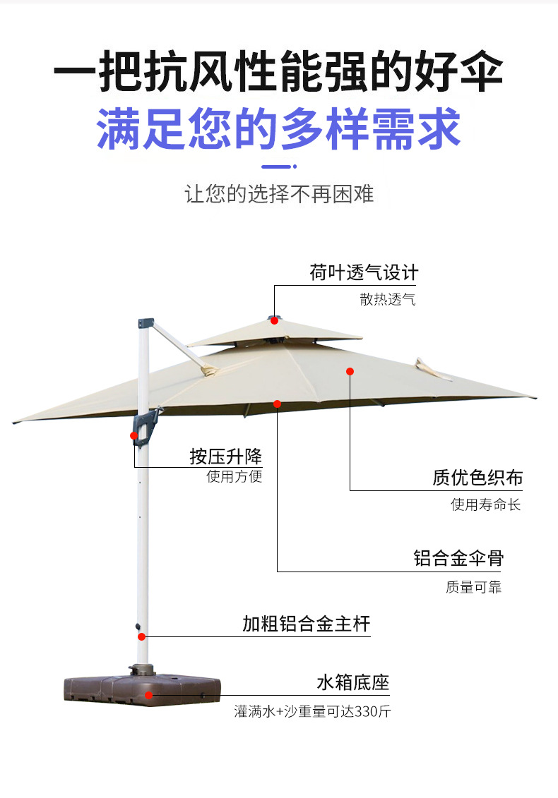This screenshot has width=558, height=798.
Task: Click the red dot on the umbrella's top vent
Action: pos(274,320)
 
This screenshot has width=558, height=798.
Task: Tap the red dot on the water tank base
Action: pos(149,694)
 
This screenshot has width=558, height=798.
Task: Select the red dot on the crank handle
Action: pos(133,435)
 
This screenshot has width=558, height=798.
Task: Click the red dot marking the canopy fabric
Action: pos(350,371)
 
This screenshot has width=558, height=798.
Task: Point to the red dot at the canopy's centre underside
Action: pos(278,404)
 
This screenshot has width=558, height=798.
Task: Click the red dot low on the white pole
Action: pos(142,636)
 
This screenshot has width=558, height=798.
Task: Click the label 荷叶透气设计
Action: pos(364,272)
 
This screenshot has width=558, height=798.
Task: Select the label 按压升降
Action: pos(225,456)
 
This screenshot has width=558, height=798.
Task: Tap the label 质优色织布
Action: pos(477,478)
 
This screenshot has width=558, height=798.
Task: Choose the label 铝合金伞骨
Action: pos(458,558)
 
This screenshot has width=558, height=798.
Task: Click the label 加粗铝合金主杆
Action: pos(306,624)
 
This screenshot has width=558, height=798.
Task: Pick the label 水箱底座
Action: pos(352,682)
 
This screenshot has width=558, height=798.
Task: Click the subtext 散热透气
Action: pos(388,300)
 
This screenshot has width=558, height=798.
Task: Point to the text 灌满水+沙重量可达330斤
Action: pos(312,711)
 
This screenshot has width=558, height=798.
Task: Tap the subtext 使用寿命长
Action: pos(486,504)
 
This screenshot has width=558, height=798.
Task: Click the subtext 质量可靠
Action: pos(473,586)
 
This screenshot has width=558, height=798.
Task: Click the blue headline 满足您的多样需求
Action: pos(278,128)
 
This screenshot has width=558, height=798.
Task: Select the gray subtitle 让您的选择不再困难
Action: pos(279,194)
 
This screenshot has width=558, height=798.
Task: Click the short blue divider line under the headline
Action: pos(279,167)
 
